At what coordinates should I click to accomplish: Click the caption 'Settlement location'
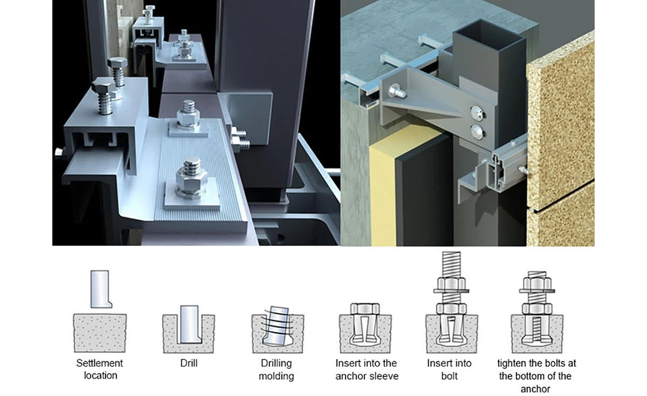point(99,369)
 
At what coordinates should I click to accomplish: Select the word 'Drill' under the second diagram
point(189,363)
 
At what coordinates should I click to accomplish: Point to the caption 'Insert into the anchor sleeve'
point(366,369)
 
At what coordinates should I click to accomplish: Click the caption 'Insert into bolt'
point(449,369)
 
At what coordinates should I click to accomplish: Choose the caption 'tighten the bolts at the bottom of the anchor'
point(536,375)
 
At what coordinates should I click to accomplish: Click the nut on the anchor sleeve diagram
point(366,309)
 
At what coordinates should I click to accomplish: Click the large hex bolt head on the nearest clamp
point(102,87)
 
